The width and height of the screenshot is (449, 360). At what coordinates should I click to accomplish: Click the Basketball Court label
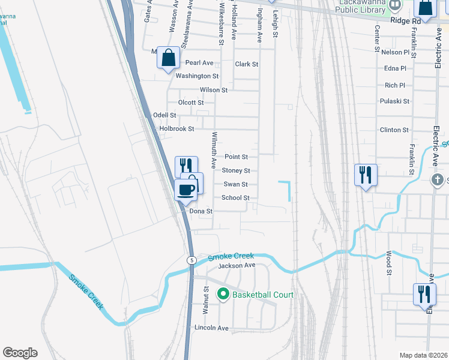tap(263, 295)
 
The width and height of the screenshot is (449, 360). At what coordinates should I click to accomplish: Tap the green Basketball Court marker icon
tap(223, 294)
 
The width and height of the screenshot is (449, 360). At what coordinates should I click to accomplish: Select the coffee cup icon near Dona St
tap(185, 190)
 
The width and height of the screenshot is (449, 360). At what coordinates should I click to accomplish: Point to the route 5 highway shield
tap(191, 260)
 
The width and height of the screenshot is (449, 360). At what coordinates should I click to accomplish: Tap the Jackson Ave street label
tap(237, 265)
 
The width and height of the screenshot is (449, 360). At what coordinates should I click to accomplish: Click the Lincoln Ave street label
tap(212, 328)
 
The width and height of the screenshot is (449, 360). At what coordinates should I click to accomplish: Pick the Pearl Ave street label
tap(199, 62)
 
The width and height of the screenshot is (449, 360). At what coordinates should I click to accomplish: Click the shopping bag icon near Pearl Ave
tap(169, 58)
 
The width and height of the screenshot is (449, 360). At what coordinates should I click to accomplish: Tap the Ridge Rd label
tap(405, 20)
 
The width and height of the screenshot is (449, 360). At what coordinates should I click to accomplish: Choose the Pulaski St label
tap(394, 101)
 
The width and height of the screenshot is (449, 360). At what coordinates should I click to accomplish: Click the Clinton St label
tap(394, 130)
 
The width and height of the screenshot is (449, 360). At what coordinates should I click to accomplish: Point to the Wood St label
tap(389, 263)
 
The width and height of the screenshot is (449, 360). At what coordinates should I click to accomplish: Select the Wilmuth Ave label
tap(213, 150)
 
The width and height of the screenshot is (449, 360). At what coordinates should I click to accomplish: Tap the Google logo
tap(20, 353)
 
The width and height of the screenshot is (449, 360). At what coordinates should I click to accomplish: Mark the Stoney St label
tap(235, 171)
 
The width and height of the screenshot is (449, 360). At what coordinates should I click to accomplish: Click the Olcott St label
tap(191, 103)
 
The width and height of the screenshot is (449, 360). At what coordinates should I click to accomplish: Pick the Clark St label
tap(247, 64)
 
